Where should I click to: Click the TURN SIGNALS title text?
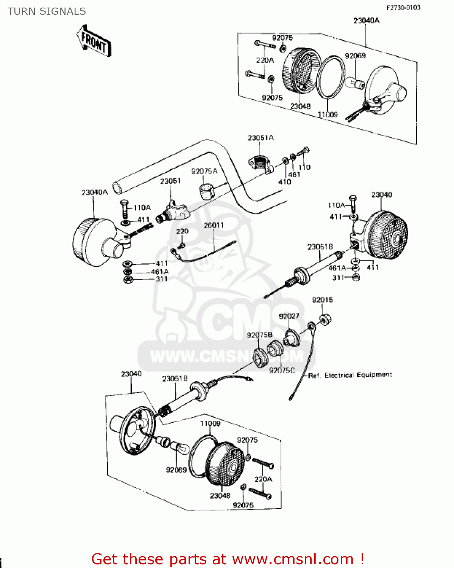point(47,11)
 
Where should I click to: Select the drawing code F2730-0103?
point(403,8)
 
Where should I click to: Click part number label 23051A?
point(261,138)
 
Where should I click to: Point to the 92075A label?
point(204,172)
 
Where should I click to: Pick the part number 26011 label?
point(214,225)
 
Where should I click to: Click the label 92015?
point(322,300)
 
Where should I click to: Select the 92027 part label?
point(289,316)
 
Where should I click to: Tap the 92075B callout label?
point(259,335)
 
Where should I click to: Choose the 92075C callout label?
point(281,370)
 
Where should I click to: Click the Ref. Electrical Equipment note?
point(350,375)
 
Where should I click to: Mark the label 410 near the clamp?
point(284,182)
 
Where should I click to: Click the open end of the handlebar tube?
point(119,187)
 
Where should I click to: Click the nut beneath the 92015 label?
point(325,319)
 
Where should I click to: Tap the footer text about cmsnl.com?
point(228,559)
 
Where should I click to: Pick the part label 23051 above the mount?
point(170,181)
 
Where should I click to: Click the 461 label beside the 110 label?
point(294,175)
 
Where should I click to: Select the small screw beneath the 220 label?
point(182,246)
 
